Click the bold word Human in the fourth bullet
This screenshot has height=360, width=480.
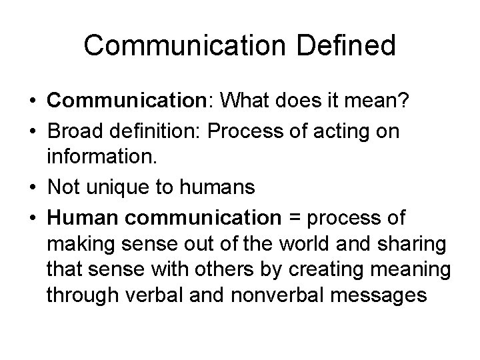[78, 217]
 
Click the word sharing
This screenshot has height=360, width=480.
[414, 245]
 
